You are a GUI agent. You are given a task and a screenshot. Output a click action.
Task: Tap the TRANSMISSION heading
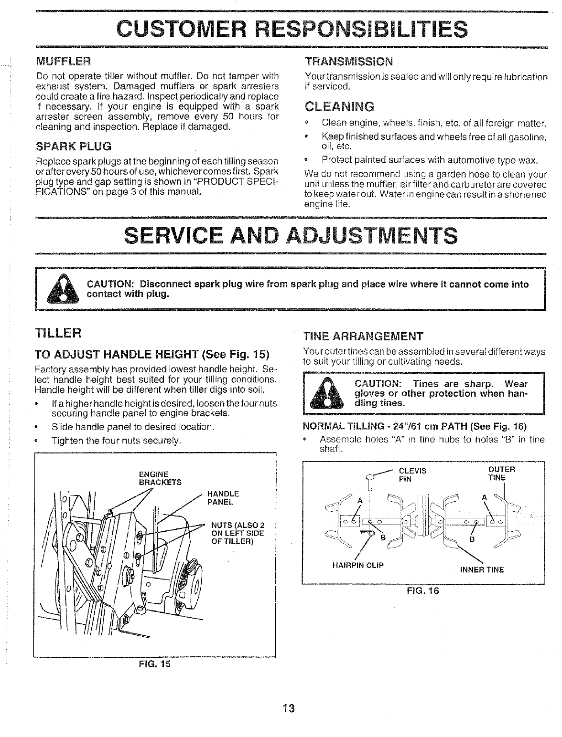coord(349,62)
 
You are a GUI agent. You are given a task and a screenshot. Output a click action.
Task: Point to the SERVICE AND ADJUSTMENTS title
coord(290,236)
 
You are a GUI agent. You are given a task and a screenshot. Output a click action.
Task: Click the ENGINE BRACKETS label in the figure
coord(160,478)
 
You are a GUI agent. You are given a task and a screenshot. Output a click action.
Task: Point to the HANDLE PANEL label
coord(223,498)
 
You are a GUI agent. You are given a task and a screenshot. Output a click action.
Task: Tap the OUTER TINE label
coord(499,473)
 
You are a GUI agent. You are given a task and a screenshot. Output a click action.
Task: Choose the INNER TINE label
coord(482,569)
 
